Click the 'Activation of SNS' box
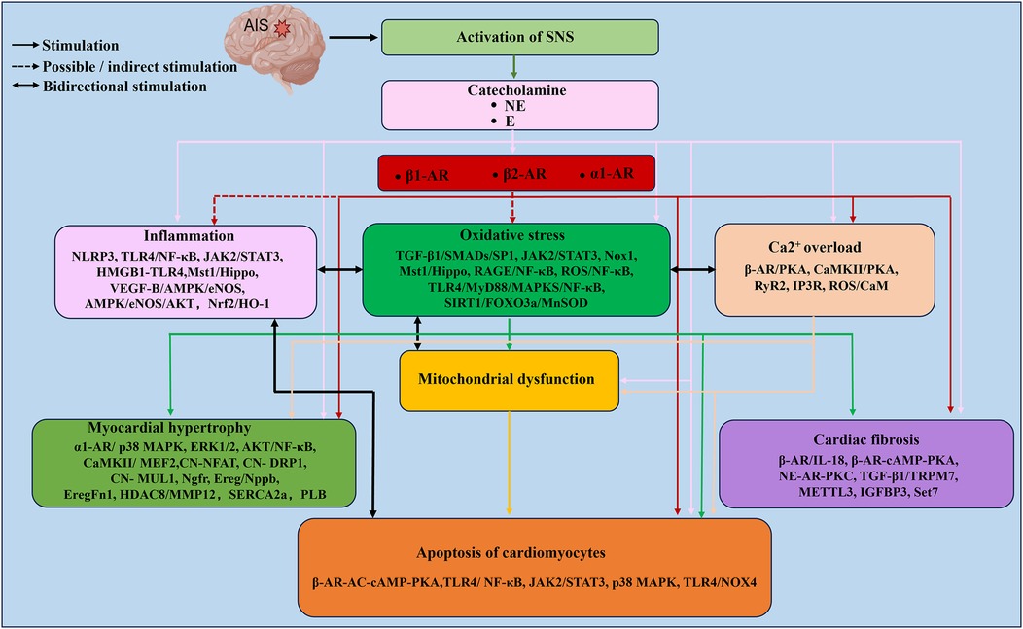click(x=520, y=38)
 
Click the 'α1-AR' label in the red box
click(x=613, y=174)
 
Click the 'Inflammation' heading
click(x=187, y=235)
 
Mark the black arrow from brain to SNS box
click(x=354, y=38)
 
